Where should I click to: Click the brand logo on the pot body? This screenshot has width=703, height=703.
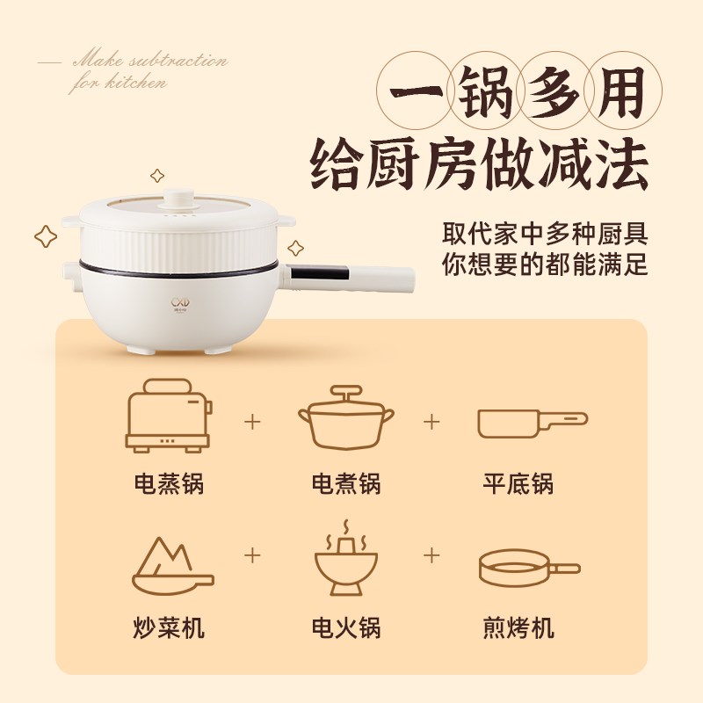pos(179,304)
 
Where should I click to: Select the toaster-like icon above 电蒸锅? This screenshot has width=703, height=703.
pos(170,416)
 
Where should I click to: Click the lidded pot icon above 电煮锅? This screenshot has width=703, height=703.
pos(345,417)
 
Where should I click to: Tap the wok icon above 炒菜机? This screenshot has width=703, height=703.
pos(171,567)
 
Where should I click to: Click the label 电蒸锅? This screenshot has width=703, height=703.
pos(169,483)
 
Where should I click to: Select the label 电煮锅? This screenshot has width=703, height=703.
pos(345,483)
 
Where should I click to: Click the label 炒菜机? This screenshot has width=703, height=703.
pos(169,628)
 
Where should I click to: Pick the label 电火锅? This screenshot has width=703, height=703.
pos(345,628)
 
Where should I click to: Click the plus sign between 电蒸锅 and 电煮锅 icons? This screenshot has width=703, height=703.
pos(253,422)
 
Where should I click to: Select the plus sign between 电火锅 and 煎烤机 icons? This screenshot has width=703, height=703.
pos(431,555)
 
